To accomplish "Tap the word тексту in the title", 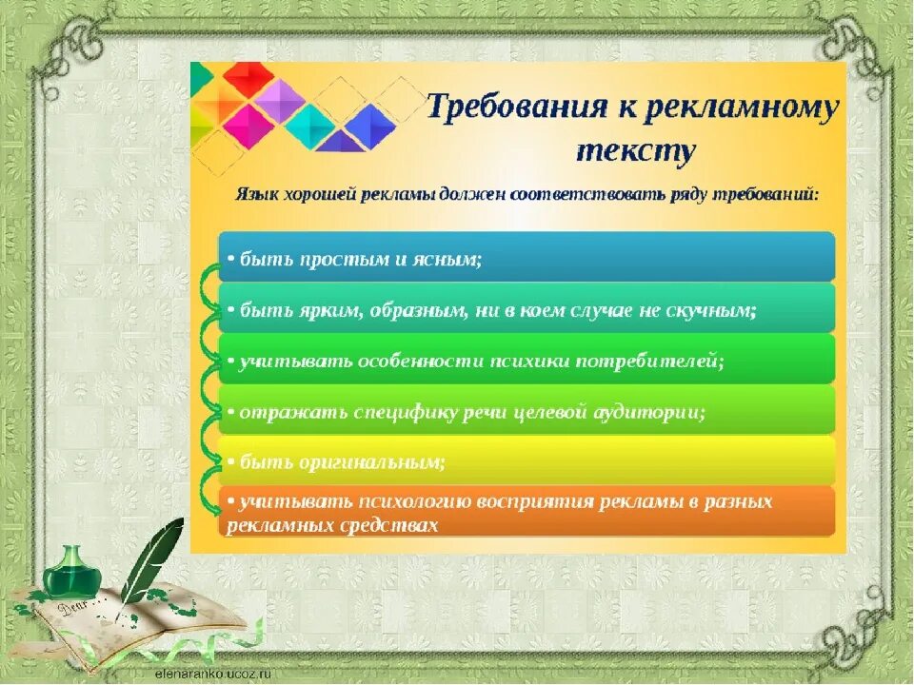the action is (636, 151).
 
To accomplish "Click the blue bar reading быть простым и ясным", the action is (527, 257).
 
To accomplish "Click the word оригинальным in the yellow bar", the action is (372, 462).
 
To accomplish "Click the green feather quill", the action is (151, 562).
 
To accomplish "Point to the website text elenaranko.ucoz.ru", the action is (212, 674).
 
